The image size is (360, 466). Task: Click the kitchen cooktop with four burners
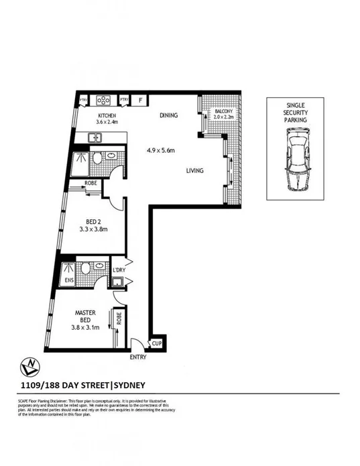[105, 101]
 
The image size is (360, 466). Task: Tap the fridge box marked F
[141, 101]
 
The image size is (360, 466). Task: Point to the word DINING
[168, 115]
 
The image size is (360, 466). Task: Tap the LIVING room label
[194, 171]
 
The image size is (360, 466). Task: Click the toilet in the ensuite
[85, 270]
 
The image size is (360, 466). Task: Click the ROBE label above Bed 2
[93, 183]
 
